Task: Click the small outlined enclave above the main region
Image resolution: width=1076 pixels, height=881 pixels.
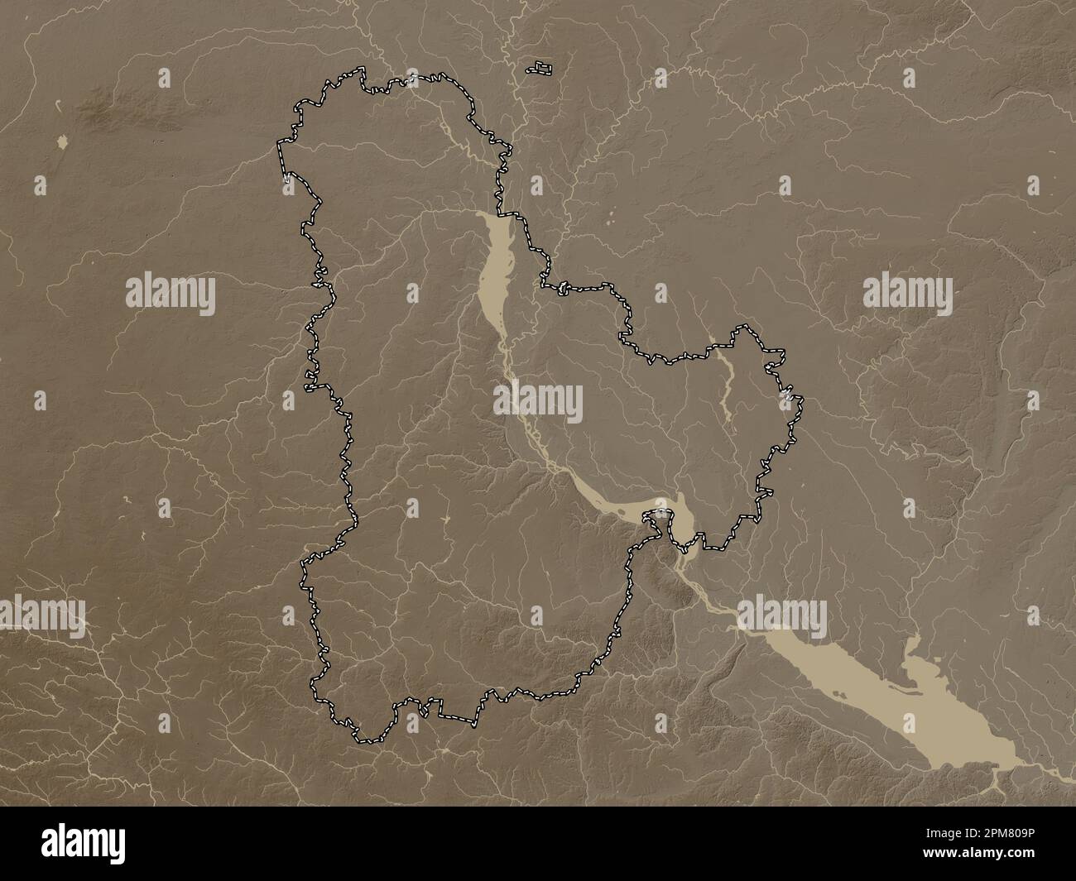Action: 542,67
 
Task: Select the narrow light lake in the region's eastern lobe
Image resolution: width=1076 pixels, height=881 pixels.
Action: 726,381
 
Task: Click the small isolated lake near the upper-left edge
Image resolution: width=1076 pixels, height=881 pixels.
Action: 63,143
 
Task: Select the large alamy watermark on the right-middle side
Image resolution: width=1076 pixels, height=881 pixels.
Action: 907,294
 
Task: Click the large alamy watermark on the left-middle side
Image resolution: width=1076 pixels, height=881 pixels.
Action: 171,294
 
